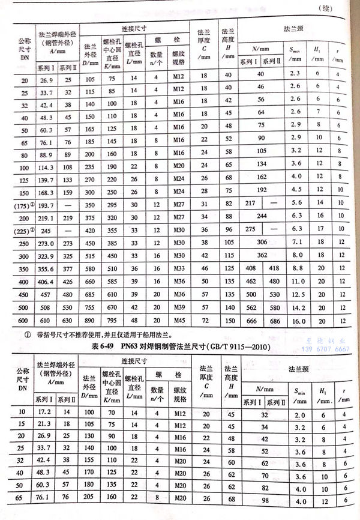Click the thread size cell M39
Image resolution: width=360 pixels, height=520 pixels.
click(x=178, y=307)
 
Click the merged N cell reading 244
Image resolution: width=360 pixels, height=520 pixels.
click(x=261, y=215)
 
